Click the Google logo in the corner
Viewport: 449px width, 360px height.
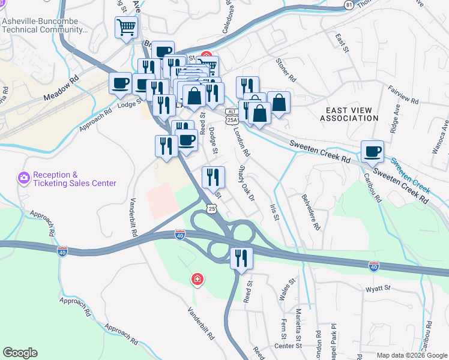(20, 353)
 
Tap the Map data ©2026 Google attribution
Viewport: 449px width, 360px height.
(412, 355)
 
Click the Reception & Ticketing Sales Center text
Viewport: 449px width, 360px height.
(74, 179)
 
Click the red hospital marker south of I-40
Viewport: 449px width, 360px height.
(196, 279)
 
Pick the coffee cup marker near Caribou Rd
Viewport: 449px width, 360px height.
(372, 152)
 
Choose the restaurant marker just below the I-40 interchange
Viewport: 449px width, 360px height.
(241, 259)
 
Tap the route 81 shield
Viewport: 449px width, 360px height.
(349, 4)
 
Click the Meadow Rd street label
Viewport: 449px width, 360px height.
(61, 88)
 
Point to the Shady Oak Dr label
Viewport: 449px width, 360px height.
(247, 182)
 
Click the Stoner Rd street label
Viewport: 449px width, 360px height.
(286, 70)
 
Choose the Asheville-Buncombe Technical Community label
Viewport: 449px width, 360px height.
(45, 25)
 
